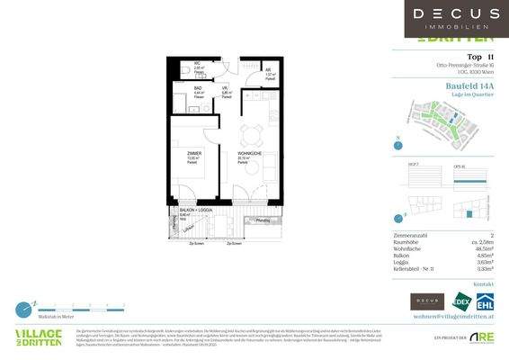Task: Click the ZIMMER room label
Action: point(193,154)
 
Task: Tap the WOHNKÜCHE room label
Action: point(250,154)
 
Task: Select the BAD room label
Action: point(198,88)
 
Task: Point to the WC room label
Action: point(198,63)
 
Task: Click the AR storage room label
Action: point(268,68)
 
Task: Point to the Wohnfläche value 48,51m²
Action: point(481,247)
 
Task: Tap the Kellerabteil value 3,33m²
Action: point(482,268)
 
